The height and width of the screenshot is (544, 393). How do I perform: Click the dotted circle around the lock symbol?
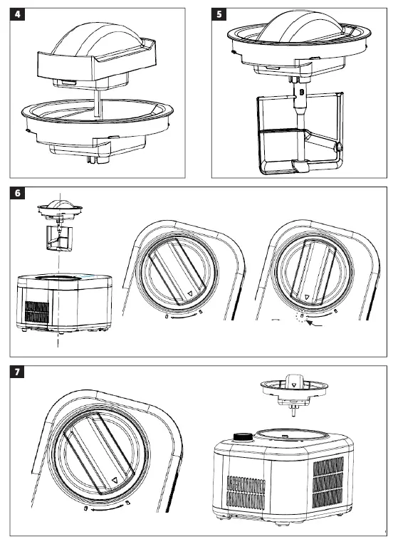point(301,315)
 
